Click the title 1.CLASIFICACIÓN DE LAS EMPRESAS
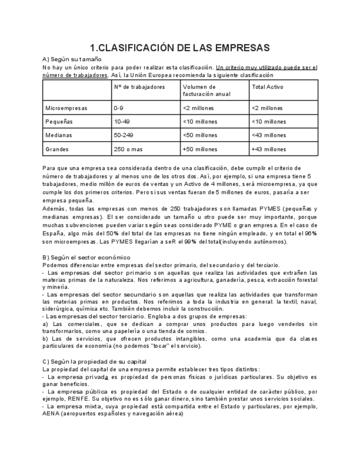click(180, 48)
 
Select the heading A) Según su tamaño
click(71, 59)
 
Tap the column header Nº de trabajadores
click(139, 87)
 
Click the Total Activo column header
click(268, 87)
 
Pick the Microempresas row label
click(66, 108)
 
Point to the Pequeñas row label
click(59, 121)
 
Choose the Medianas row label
click(59, 135)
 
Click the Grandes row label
click(58, 148)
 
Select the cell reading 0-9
click(119, 108)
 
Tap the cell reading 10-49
click(121, 121)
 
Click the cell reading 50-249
click(124, 135)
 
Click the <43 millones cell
click(268, 135)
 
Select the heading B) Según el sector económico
click(86, 257)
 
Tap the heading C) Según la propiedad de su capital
click(95, 361)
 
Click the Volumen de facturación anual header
click(199, 90)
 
